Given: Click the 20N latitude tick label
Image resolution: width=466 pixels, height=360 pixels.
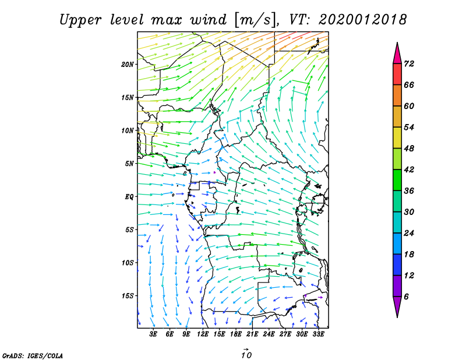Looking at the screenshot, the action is pos(128,65).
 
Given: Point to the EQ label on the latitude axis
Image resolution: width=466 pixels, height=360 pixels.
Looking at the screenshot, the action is pos(129,197).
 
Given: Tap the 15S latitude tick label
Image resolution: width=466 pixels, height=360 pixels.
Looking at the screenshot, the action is pos(128,296).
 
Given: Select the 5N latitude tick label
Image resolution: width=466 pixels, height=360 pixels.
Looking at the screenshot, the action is pos(129,164).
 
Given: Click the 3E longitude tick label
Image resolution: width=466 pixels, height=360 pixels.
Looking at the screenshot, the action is pos(153,334).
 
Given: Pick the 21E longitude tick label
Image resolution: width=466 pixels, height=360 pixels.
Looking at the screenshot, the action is pos(252,334).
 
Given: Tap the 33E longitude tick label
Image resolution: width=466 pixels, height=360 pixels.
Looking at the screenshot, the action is pos(318,334).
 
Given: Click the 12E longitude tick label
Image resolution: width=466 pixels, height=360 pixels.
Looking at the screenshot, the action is pos(203,334).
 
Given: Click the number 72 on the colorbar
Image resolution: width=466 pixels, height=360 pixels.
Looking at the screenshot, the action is pos(409,63).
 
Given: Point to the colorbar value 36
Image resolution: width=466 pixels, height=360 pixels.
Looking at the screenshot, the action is pos(409,190).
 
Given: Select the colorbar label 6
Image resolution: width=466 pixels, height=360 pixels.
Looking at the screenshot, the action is pos(407,297).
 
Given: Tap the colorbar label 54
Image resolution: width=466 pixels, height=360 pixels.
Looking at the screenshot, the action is pos(409,127).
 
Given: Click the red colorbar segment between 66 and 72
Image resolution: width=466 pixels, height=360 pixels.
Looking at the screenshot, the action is pos(397,75).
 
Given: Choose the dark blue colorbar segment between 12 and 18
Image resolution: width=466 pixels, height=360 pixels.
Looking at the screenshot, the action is pos(397,265).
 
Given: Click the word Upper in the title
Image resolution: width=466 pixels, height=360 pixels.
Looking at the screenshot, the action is pos(80,20).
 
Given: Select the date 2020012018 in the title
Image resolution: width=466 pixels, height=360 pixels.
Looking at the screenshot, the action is pos(362,20).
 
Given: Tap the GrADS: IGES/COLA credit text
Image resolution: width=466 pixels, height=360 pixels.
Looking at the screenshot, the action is pos(33,355).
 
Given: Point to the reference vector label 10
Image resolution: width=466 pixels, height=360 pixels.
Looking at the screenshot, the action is pos(246,355).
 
